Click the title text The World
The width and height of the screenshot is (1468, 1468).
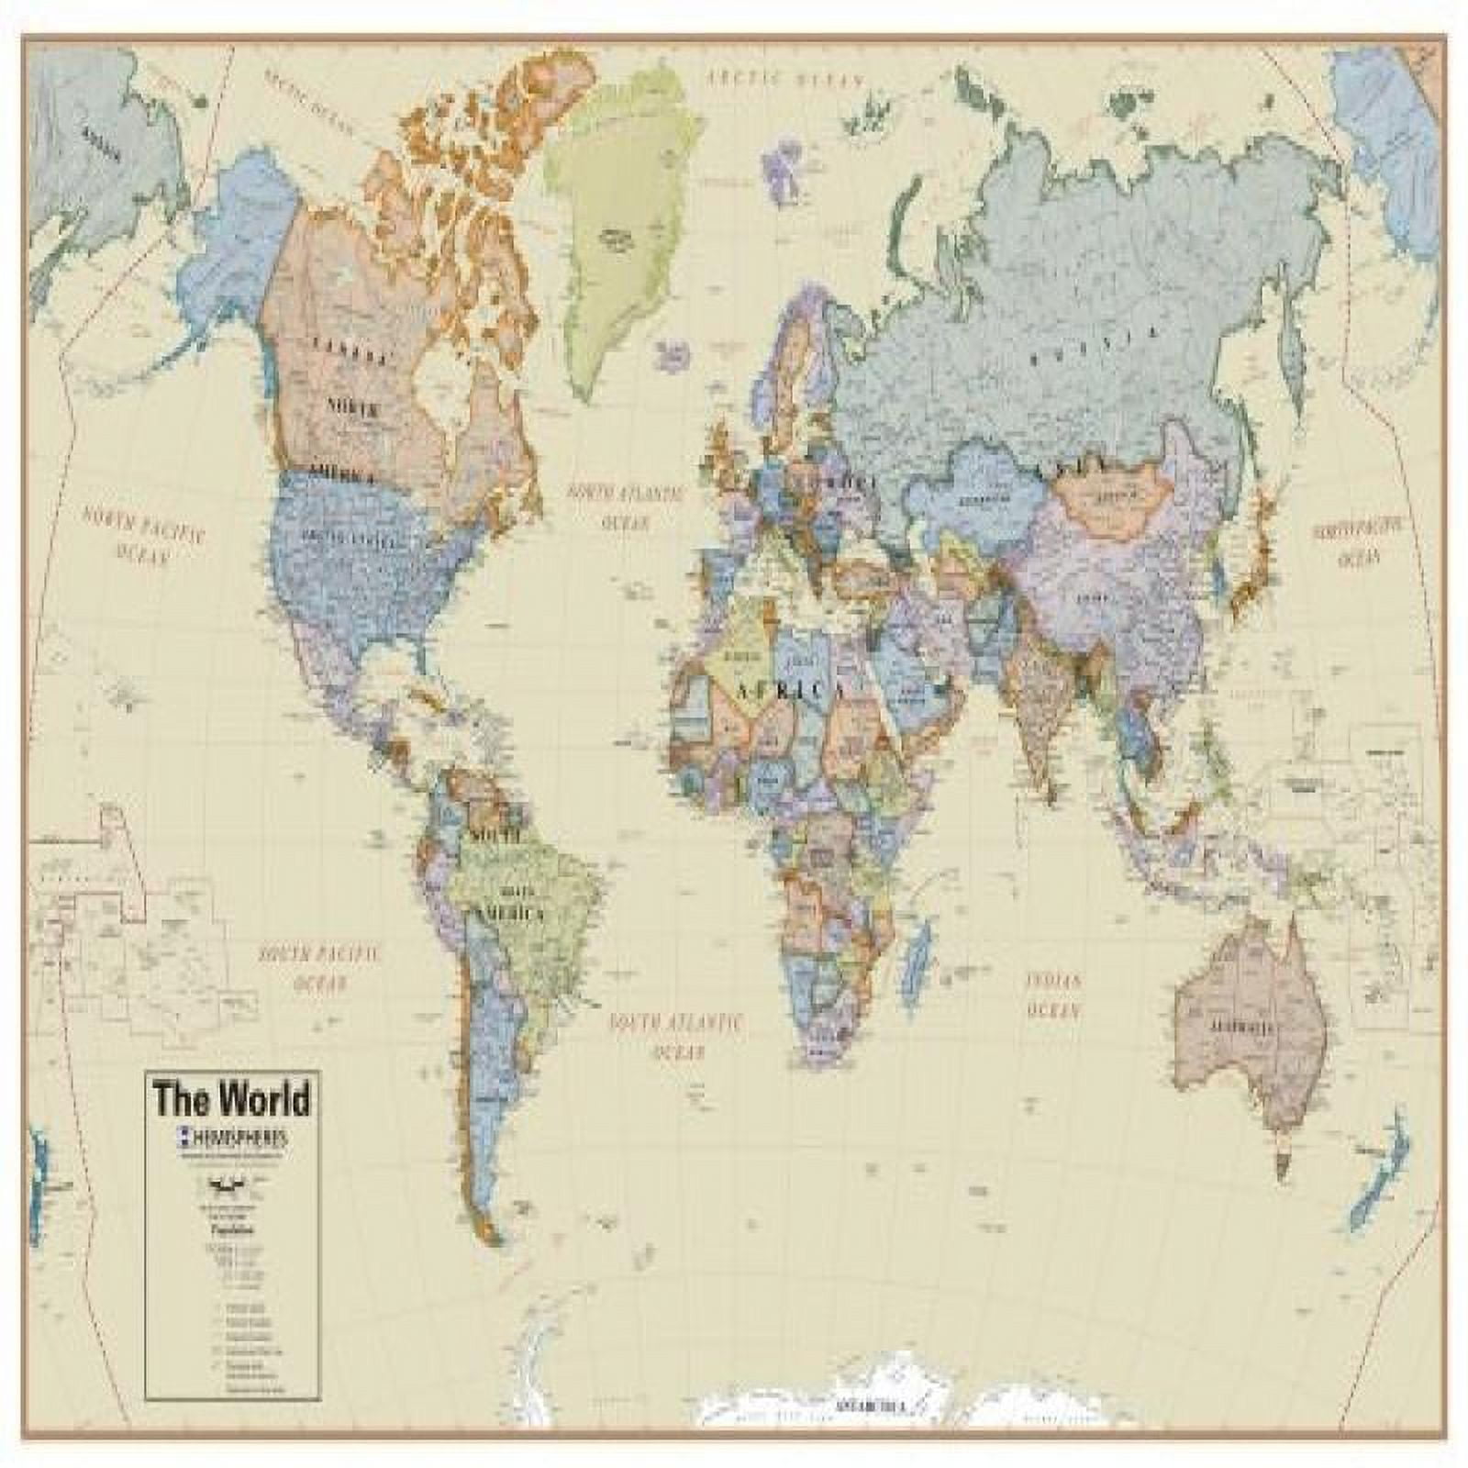[x=231, y=1098]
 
